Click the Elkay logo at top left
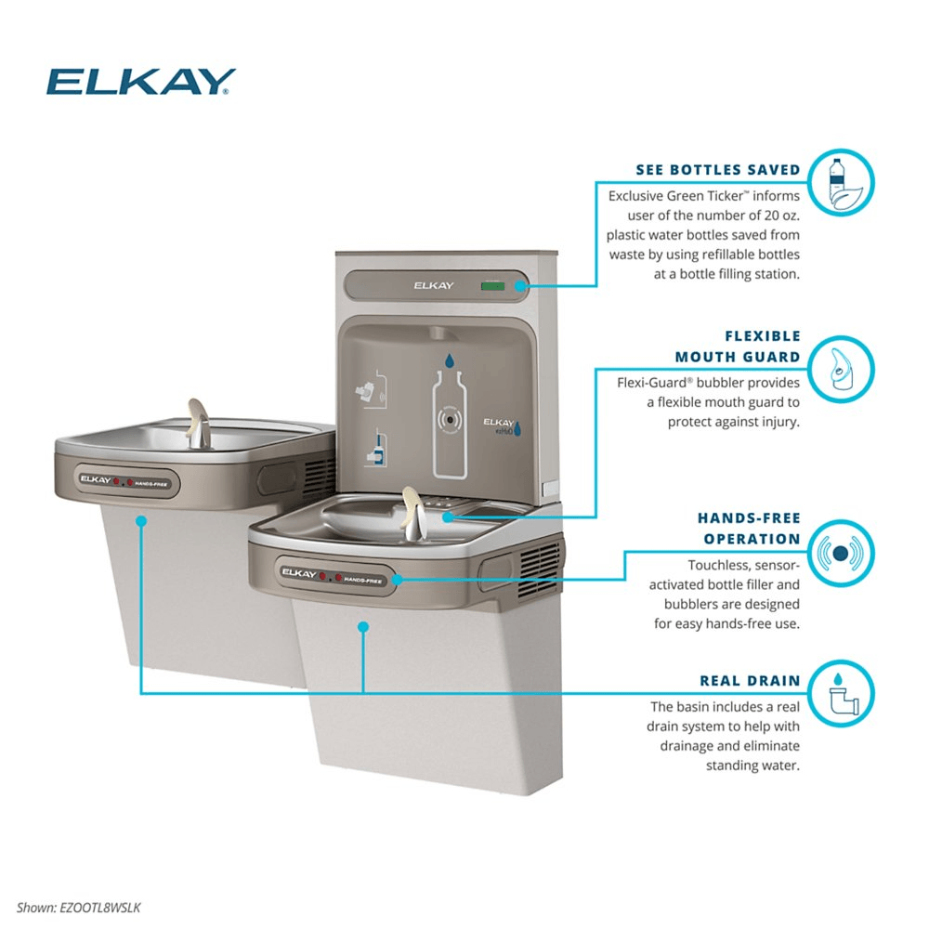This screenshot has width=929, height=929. click(x=140, y=82)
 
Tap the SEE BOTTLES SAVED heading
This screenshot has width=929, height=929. click(x=717, y=170)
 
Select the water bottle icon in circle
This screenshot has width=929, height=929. click(x=840, y=184)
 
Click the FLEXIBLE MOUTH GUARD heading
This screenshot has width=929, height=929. click(x=737, y=347)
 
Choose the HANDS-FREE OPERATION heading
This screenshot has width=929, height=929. click(x=748, y=529)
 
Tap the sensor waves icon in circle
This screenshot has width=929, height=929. click(x=840, y=554)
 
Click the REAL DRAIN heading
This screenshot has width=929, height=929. click(x=751, y=681)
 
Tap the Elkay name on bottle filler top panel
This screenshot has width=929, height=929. click(x=433, y=286)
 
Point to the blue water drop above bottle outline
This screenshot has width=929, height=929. click(x=450, y=360)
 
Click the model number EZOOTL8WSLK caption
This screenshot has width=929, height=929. click(x=79, y=908)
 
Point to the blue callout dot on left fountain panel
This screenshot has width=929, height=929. click(x=140, y=521)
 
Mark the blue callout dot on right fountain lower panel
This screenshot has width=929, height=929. click(x=363, y=627)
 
